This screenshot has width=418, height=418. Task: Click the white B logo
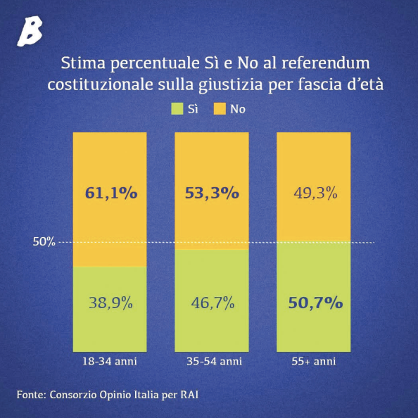pos(30,31)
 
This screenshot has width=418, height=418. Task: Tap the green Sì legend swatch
pos(177,109)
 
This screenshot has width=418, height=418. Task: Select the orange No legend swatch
pos(220,109)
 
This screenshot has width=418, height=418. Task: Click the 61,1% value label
pos(111,193)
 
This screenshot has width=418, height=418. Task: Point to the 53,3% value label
pos(213,193)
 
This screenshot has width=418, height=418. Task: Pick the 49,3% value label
pos(316,193)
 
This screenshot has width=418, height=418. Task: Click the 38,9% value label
pos(110,303)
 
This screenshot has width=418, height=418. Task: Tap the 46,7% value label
pos(213,303)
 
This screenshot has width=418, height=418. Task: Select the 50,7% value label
pos(316,303)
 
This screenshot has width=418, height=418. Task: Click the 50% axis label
pos(44,241)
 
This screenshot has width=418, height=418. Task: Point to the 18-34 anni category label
pos(110,362)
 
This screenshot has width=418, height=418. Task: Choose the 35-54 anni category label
pos(215,362)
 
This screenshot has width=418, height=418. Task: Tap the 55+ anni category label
pos(314,362)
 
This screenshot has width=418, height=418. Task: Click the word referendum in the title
pos(326,63)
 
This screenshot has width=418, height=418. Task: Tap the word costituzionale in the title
pos(100,84)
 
